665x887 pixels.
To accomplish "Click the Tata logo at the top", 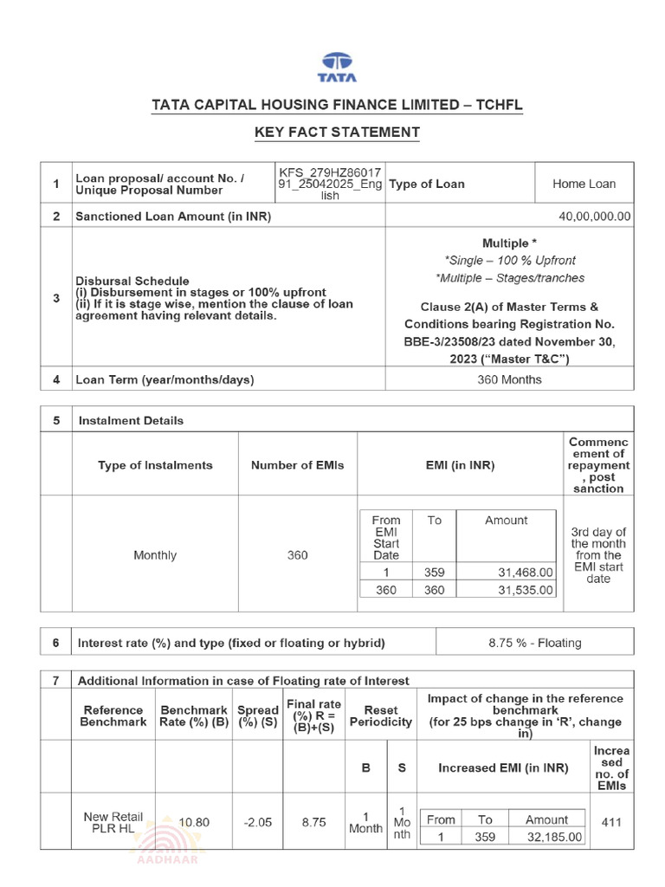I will pos(338,67).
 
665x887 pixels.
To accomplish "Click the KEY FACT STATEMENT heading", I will pos(337,133).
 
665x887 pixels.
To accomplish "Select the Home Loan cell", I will pos(584,184).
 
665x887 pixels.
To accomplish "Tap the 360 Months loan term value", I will pos(509,379).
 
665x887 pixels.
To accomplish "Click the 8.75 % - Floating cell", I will pos(535,643).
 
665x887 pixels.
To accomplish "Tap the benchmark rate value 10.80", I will pos(194,822).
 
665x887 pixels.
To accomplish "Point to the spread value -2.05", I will pos(257,822).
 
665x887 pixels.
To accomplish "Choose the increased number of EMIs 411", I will pos(611,822).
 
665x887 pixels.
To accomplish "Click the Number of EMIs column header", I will pos(297,465).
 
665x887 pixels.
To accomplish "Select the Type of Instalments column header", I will pos(155,465).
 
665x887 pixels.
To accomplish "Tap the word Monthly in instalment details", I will pos(155,555).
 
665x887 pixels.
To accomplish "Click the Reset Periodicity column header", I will pos(381,715).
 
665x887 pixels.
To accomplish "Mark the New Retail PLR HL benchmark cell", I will pos(113,822).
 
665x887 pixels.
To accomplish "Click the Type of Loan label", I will pos(426,184).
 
